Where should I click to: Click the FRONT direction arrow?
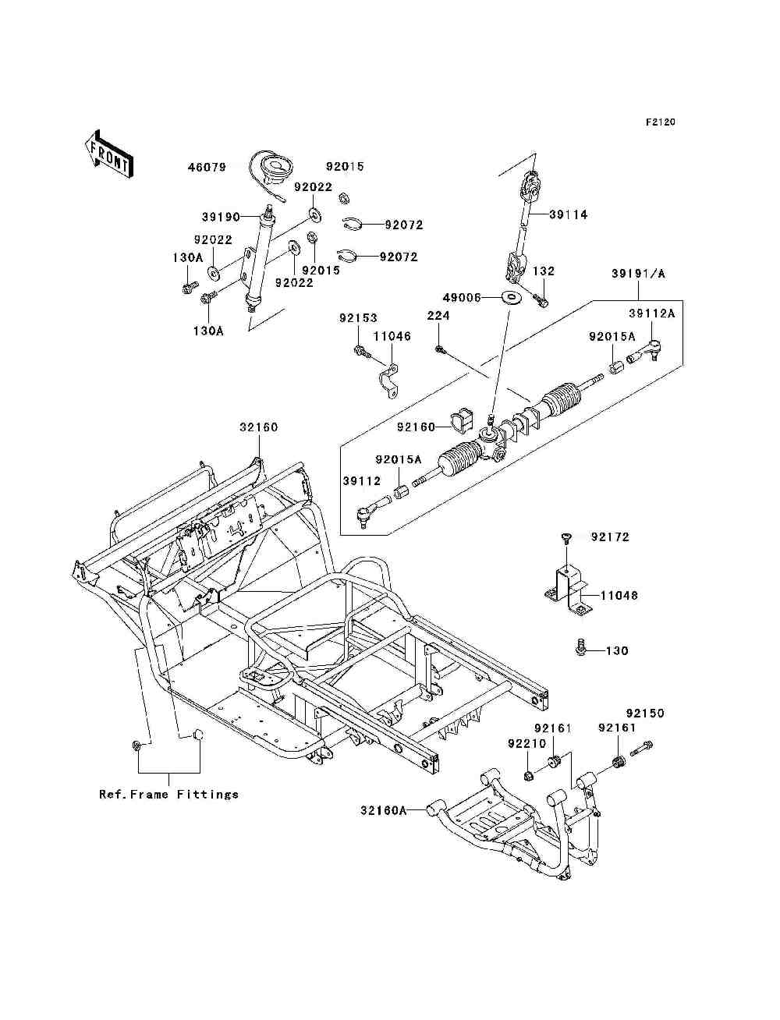click(108, 154)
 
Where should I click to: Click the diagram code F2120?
click(660, 122)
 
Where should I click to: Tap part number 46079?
click(207, 168)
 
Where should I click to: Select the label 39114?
click(569, 214)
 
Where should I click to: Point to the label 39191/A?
click(638, 274)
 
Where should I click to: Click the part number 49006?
click(462, 297)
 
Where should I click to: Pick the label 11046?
click(392, 336)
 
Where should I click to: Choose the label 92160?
click(416, 427)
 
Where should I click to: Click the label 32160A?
click(384, 810)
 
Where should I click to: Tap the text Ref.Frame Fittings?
click(168, 794)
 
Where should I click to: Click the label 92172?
click(610, 537)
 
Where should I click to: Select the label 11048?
click(619, 595)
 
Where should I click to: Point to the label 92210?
click(526, 744)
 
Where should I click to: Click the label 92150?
click(645, 714)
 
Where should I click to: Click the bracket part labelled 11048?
click(569, 590)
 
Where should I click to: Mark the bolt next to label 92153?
click(362, 352)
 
